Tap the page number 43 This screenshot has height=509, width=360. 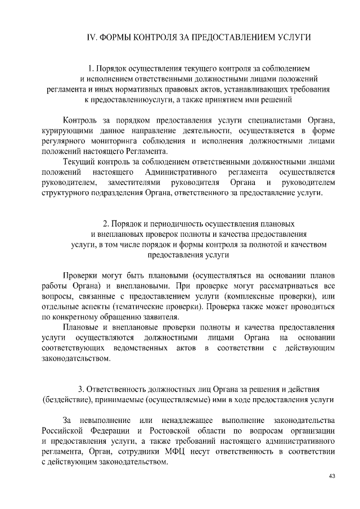(x=332, y=476)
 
